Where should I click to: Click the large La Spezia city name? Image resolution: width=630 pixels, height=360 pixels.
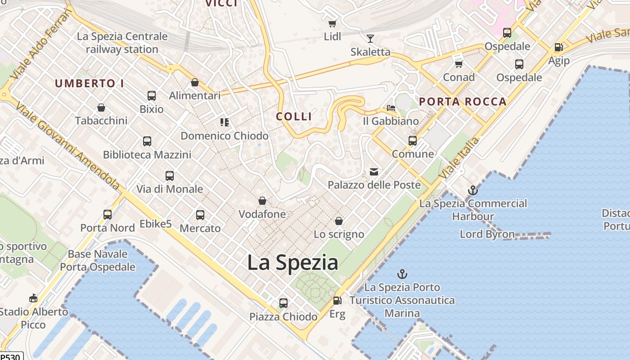pyautogui.click(x=292, y=262)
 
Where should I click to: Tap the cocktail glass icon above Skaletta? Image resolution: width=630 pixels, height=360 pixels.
pyautogui.click(x=370, y=39)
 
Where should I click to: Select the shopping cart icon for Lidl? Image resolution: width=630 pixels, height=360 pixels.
pyautogui.click(x=333, y=23)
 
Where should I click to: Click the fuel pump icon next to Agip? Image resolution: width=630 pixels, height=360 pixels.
pyautogui.click(x=558, y=47)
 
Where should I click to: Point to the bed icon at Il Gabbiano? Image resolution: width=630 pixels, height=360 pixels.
pyautogui.click(x=391, y=108)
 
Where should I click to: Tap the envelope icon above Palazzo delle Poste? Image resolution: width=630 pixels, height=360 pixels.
pyautogui.click(x=374, y=171)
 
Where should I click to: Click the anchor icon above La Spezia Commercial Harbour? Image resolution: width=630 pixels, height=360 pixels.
pyautogui.click(x=472, y=190)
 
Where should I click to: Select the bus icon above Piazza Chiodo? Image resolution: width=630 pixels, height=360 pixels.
pyautogui.click(x=283, y=303)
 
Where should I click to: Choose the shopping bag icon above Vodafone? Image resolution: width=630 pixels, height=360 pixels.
pyautogui.click(x=262, y=201)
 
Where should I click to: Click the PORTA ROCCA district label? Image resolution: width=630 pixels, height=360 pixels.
pyautogui.click(x=463, y=102)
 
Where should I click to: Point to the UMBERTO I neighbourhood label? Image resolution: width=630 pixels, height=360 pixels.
pyautogui.click(x=89, y=83)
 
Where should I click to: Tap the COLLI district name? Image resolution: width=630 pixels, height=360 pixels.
pyautogui.click(x=294, y=117)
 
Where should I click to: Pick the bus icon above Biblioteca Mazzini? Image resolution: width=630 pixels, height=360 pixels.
pyautogui.click(x=147, y=141)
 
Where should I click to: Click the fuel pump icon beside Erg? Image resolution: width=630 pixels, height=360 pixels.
pyautogui.click(x=337, y=301)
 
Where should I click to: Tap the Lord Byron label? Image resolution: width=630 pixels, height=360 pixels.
pyautogui.click(x=487, y=234)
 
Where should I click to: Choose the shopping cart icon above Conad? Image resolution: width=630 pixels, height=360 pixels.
pyautogui.click(x=459, y=64)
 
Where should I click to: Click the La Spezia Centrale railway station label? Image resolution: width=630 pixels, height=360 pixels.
pyautogui.click(x=122, y=43)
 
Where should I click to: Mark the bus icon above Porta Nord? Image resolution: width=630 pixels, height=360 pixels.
pyautogui.click(x=108, y=215)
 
